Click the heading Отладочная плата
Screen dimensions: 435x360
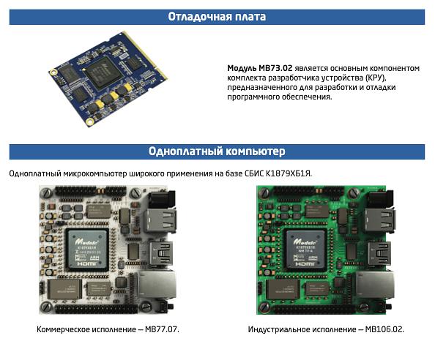217,17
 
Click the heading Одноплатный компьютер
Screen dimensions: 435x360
217,151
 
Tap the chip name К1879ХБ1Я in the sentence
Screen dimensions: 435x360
289,173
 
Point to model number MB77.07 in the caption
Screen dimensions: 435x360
162,329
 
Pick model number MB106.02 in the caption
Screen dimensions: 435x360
384,329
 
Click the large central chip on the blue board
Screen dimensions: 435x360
103,72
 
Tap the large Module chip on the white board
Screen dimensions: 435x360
87,250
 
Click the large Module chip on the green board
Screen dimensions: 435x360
305,250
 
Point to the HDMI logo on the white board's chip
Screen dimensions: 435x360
87,263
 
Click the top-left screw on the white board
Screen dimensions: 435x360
47,192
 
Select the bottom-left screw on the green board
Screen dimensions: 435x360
264,307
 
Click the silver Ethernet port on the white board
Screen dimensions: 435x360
157,285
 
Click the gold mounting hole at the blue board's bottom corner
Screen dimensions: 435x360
89,121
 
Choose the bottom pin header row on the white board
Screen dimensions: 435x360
96,309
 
